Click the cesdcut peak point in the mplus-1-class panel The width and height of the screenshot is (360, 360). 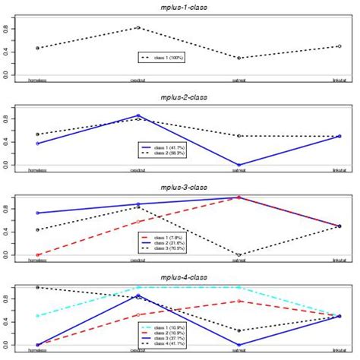137,27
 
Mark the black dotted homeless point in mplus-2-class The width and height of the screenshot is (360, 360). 37,134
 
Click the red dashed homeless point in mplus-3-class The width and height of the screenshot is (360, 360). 37,255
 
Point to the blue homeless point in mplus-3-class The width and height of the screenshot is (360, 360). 37,213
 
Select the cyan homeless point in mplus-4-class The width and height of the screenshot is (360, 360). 37,316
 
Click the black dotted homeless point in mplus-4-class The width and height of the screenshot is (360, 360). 37,287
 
